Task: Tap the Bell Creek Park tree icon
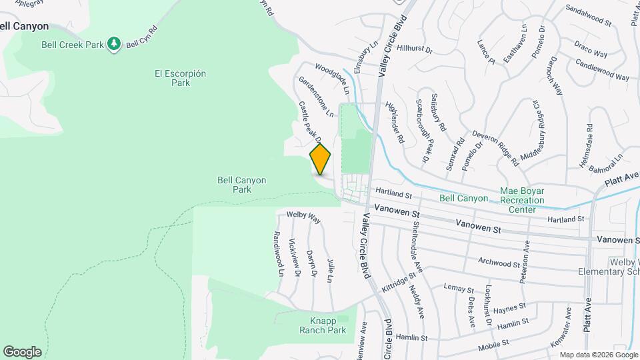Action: pyautogui.click(x=114, y=44)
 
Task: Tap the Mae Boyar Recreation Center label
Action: pyautogui.click(x=522, y=200)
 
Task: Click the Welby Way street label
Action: pyautogui.click(x=303, y=217)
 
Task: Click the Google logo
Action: pyautogui.click(x=22, y=351)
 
